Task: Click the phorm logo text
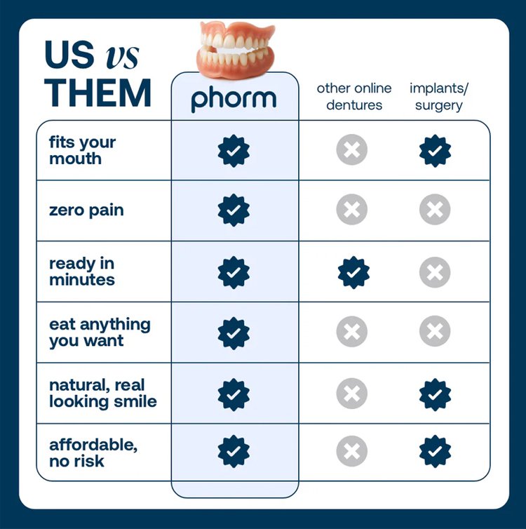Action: (234, 99)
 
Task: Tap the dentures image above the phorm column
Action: (236, 50)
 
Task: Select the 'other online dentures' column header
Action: (354, 97)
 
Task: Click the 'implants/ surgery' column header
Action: (438, 97)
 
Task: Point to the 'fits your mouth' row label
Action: (82, 150)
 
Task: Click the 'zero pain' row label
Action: (86, 210)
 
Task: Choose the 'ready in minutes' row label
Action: (82, 272)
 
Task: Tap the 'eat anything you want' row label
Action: (100, 333)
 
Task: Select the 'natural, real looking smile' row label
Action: (103, 393)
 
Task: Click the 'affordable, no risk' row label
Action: (93, 453)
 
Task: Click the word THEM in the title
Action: (97, 93)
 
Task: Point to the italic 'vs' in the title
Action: (122, 57)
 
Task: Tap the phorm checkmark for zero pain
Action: (234, 210)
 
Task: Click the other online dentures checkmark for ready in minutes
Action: (353, 272)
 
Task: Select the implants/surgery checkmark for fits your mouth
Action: (435, 151)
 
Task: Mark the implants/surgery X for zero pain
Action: (435, 210)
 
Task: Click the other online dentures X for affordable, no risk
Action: (351, 451)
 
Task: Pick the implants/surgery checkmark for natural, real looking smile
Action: (435, 394)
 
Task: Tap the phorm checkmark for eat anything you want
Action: (234, 333)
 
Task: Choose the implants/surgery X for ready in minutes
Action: (435, 272)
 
